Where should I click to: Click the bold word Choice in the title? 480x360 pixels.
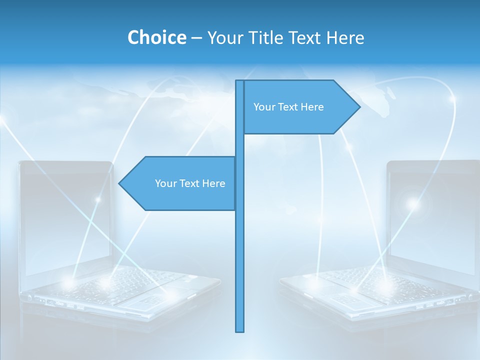156,37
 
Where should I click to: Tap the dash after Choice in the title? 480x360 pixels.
196,38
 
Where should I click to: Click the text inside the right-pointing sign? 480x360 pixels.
288,107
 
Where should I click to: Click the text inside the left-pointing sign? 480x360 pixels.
190,183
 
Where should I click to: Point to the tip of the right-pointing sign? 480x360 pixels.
359,106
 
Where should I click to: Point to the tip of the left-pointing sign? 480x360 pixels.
119,183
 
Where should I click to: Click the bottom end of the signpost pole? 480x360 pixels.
240,330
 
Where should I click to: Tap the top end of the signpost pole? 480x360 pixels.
240,81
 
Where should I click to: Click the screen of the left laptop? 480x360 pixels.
65,220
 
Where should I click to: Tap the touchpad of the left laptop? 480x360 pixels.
145,300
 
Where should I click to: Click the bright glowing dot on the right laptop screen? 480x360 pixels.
412,203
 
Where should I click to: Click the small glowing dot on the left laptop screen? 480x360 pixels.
98,199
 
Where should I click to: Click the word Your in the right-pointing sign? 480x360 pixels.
263,107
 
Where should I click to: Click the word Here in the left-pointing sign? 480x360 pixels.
213,183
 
